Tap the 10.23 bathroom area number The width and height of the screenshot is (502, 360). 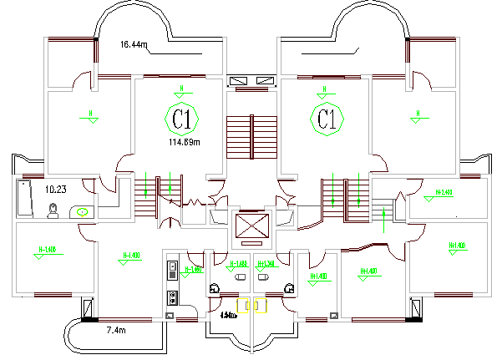[56, 189]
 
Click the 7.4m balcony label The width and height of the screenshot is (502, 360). [116, 332]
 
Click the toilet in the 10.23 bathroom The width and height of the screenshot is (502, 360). [53, 210]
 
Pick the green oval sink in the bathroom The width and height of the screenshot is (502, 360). [83, 211]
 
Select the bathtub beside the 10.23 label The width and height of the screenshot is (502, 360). [23, 198]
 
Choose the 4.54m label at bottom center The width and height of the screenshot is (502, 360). [227, 316]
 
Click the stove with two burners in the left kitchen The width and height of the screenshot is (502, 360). [172, 296]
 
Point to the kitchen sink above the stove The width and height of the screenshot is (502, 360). [172, 269]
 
